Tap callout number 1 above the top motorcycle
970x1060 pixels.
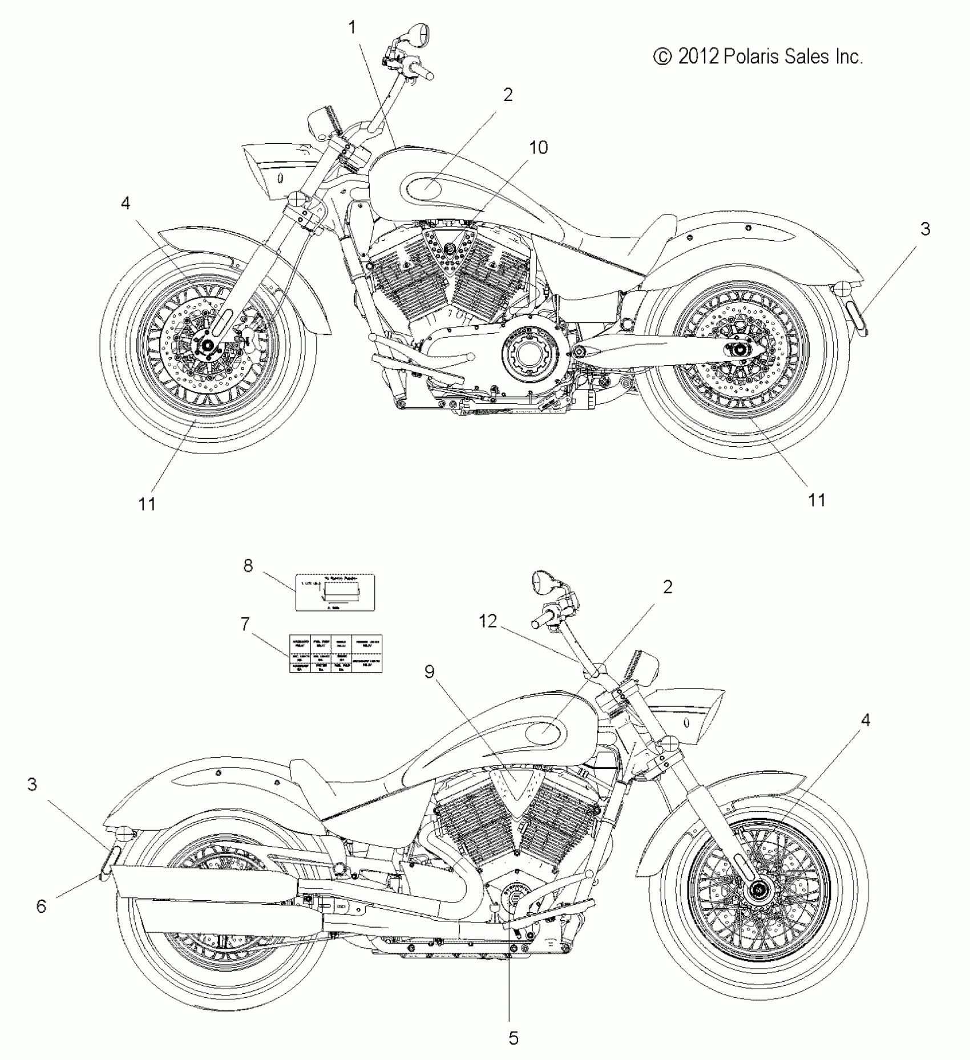click(352, 27)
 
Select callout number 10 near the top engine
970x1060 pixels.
click(538, 147)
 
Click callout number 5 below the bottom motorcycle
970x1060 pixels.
click(514, 1038)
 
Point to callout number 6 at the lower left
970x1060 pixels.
click(41, 905)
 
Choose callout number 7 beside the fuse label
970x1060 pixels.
click(245, 625)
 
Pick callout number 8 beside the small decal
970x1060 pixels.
click(248, 567)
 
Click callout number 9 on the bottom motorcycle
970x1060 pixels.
click(430, 672)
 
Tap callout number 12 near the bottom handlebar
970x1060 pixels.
click(488, 621)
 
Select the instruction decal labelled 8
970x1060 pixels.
click(335, 592)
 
